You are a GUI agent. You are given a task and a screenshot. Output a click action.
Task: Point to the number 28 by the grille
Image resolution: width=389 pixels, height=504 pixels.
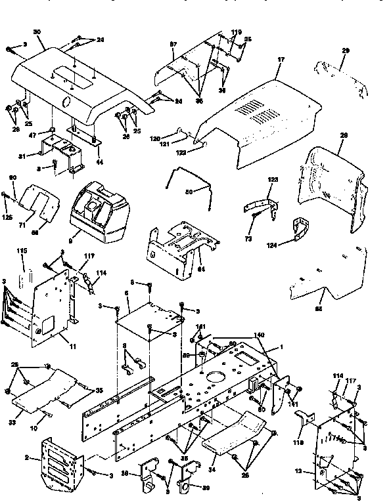[342, 135]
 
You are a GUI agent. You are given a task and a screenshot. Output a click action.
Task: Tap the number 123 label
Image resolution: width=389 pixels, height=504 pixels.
[272, 178]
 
